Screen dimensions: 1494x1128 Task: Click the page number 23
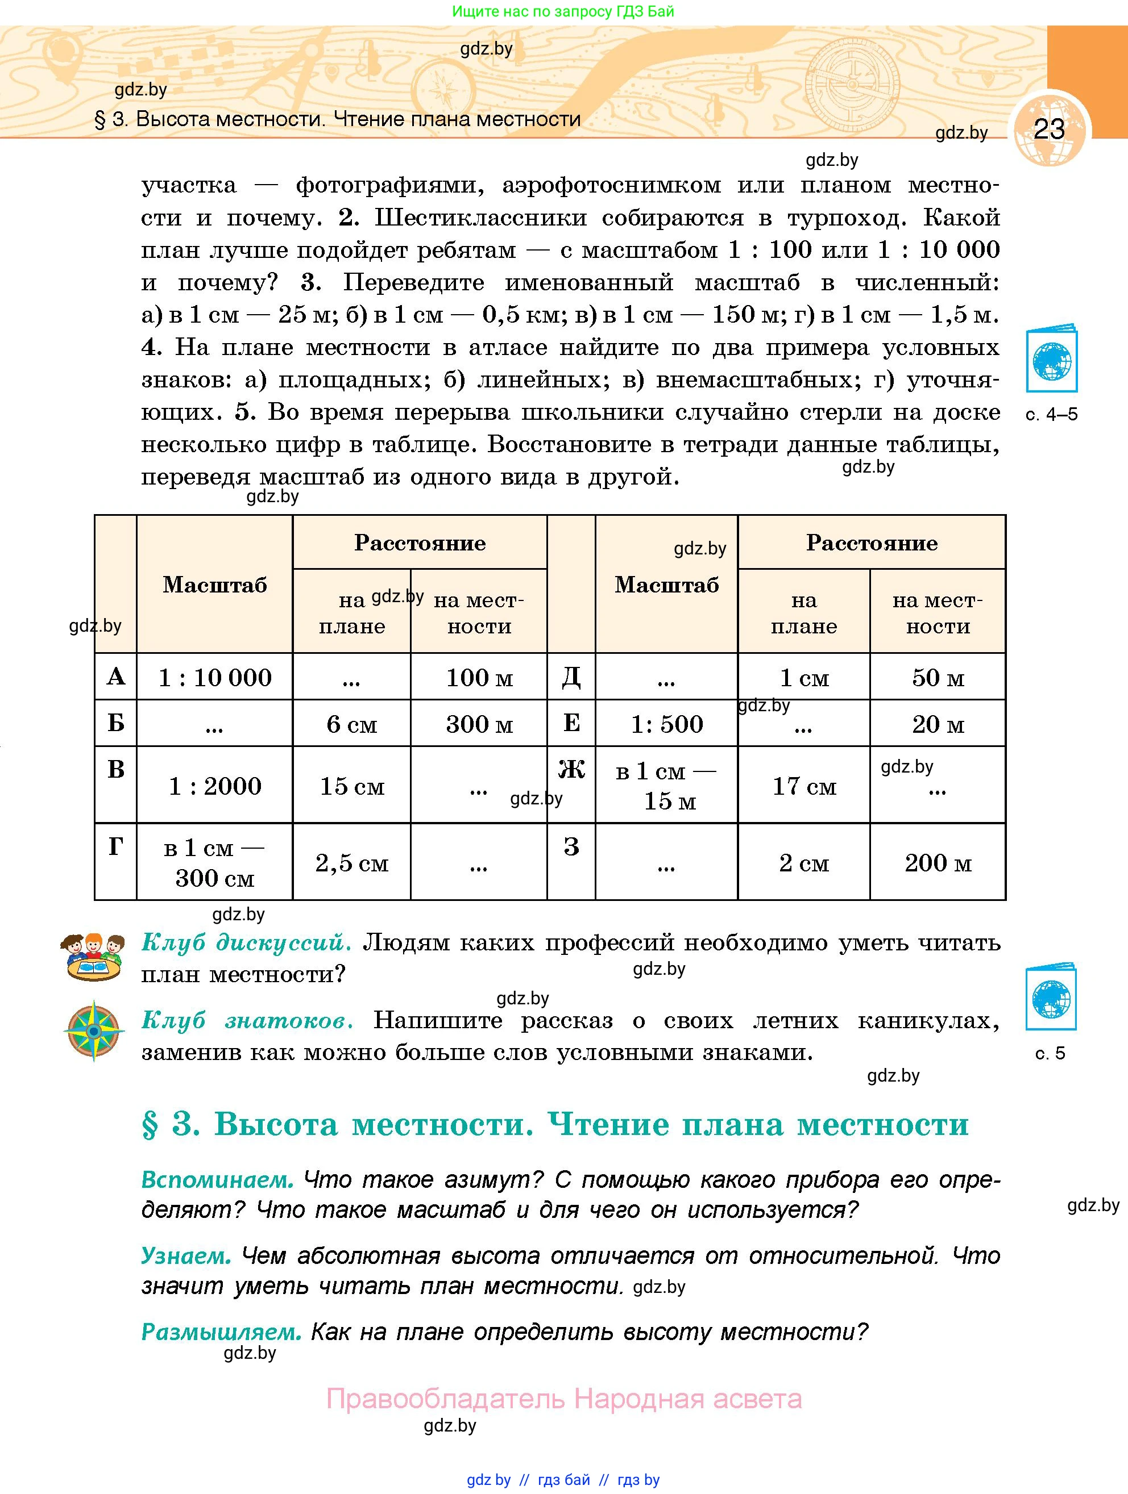coord(1049,129)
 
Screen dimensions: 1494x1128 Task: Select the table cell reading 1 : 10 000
coord(215,677)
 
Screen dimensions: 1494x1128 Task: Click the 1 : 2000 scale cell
coord(215,786)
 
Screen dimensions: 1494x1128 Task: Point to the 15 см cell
coord(351,786)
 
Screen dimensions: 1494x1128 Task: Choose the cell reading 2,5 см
coord(351,862)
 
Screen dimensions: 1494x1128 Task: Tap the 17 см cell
coord(803,786)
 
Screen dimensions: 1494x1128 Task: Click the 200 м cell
coord(938,862)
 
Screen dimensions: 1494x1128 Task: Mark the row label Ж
coord(571,769)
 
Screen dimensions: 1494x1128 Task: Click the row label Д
coord(571,676)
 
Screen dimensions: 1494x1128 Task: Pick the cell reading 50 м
coord(938,677)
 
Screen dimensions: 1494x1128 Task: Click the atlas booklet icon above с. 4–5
coord(1051,360)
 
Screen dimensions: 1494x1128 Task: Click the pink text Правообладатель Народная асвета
coord(563,1398)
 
